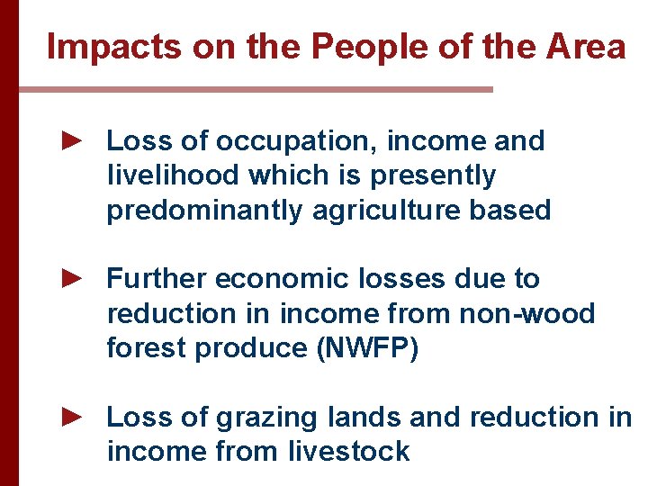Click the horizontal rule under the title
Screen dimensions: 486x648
click(x=256, y=90)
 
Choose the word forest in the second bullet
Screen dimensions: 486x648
click(x=148, y=348)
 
